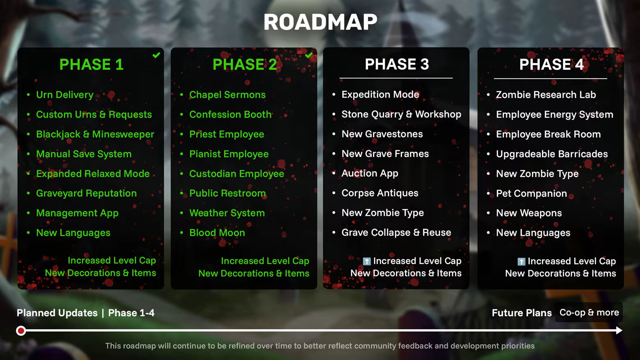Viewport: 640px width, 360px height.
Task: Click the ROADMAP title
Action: point(320,22)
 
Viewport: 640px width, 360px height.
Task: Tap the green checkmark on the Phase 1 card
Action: point(156,55)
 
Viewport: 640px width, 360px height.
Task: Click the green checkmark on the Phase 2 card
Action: point(309,55)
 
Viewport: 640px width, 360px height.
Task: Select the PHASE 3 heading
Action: point(397,64)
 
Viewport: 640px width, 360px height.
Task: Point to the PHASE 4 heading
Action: point(551,64)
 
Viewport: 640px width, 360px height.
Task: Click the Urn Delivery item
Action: point(65,94)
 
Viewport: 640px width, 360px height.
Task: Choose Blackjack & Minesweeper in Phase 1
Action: point(95,134)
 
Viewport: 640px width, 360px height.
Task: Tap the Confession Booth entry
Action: point(230,114)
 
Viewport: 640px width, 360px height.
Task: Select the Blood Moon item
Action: point(217,232)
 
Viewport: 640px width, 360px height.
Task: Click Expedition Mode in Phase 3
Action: point(380,94)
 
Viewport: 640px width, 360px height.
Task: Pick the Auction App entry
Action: point(370,173)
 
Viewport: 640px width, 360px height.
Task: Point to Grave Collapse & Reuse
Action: point(396,232)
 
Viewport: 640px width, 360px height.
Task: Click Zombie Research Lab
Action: point(546,95)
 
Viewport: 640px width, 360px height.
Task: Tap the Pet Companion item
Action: point(531,194)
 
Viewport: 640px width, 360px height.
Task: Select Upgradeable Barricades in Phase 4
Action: point(552,154)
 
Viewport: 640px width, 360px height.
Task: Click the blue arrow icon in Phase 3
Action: point(367,261)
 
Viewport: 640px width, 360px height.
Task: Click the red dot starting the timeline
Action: point(21,330)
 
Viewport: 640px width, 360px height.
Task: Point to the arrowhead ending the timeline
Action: point(619,330)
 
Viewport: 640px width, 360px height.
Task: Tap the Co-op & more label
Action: point(589,312)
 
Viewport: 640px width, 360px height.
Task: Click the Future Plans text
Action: point(522,313)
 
